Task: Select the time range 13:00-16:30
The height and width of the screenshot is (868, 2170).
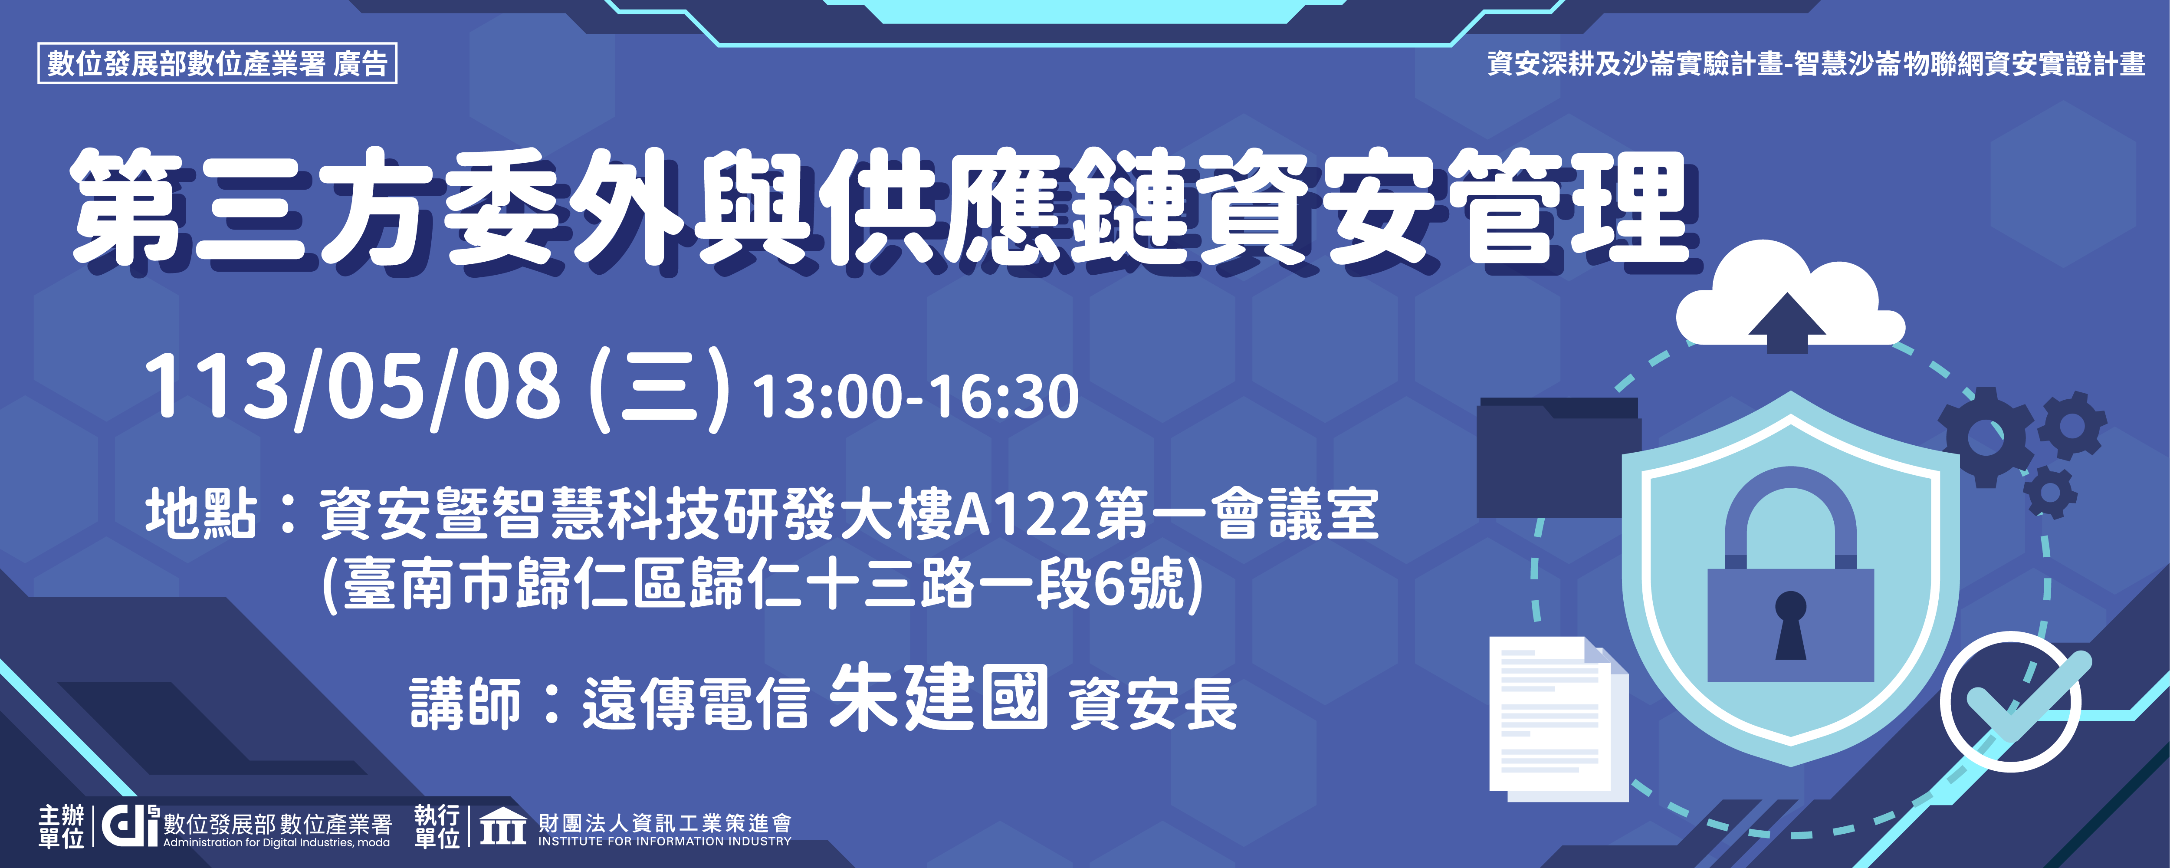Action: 916,396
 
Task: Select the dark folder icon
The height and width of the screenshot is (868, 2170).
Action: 1559,457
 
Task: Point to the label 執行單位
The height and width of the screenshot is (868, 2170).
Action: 437,826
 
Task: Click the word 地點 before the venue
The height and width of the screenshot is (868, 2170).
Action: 200,513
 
